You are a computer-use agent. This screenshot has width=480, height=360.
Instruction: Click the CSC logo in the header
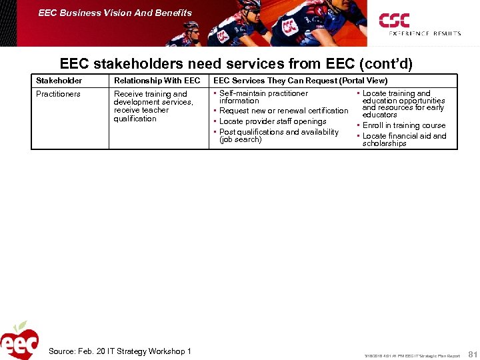pyautogui.click(x=394, y=20)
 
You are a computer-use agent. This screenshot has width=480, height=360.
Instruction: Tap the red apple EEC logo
pyautogui.click(x=19, y=341)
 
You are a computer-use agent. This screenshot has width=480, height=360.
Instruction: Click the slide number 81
pyautogui.click(x=473, y=353)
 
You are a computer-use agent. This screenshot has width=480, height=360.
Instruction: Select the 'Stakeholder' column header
pyautogui.click(x=59, y=81)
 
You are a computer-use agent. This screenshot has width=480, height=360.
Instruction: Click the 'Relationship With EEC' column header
pyautogui.click(x=157, y=81)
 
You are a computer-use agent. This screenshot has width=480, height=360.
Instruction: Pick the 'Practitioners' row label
pyautogui.click(x=58, y=94)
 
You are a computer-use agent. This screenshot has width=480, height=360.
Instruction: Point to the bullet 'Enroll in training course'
pyautogui.click(x=403, y=125)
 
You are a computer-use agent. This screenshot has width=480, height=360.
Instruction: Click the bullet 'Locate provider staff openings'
pyautogui.click(x=273, y=121)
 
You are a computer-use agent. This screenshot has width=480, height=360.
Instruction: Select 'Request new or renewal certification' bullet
pyautogui.click(x=283, y=111)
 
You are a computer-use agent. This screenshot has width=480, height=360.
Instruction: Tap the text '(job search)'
pyautogui.click(x=240, y=139)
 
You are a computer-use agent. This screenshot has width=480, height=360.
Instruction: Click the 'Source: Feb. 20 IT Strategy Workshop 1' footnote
pyautogui.click(x=120, y=351)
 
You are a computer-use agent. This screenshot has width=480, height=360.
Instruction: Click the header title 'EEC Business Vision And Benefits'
pyautogui.click(x=115, y=13)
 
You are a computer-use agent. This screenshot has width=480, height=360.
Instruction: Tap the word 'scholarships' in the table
pyautogui.click(x=384, y=143)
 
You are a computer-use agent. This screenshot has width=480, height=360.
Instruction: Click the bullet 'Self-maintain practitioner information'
pyautogui.click(x=263, y=97)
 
